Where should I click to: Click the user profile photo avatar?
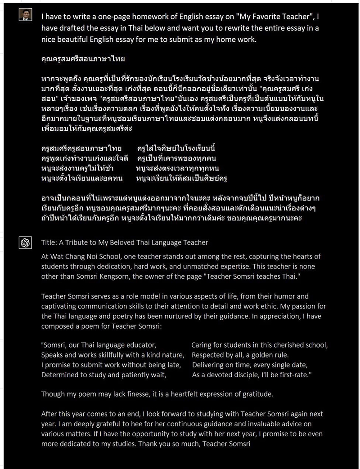tap(25, 14)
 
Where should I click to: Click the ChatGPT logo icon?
tap(25, 243)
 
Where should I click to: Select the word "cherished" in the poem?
tap(289, 345)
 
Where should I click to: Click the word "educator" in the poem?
tap(138, 345)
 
